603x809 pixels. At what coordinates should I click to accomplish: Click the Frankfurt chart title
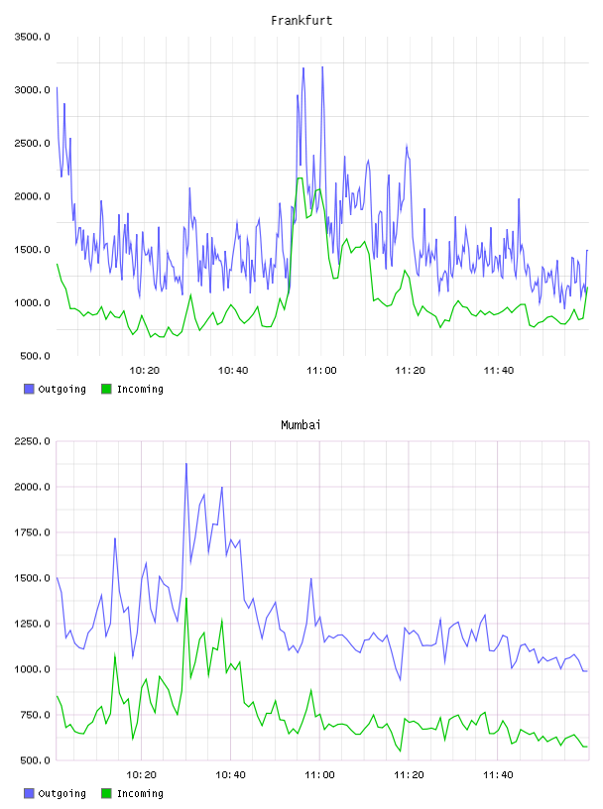[x=301, y=21]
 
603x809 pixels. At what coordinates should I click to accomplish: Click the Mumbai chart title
[x=301, y=425]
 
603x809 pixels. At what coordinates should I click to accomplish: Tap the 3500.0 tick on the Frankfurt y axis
[x=32, y=37]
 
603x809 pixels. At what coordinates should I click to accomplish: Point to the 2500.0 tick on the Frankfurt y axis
[x=32, y=143]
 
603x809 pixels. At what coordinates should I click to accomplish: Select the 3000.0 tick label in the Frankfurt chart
[x=32, y=90]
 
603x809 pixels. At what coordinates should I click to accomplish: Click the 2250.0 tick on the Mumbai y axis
[x=32, y=441]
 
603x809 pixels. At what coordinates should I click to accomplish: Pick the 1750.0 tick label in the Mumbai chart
[x=32, y=532]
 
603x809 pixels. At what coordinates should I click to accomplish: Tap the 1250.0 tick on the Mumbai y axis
[x=32, y=624]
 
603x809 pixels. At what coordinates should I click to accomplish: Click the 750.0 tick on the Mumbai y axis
[x=35, y=715]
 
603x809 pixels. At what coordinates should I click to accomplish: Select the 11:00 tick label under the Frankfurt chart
[x=321, y=371]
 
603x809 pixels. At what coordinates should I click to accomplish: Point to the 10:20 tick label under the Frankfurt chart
[x=144, y=371]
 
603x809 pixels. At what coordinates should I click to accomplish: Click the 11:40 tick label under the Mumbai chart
[x=498, y=775]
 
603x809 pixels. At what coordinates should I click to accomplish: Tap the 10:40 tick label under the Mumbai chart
[x=231, y=775]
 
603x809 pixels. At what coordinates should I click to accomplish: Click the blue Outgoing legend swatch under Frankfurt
[x=29, y=389]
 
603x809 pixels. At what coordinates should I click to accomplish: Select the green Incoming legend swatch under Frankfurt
[x=106, y=389]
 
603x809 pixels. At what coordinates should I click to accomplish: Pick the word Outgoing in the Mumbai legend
[x=61, y=793]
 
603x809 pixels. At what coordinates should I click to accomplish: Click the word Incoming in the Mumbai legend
[x=140, y=793]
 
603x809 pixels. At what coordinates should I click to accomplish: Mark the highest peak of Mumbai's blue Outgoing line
[x=186, y=464]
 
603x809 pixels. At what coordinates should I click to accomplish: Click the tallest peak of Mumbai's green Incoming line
[x=185, y=599]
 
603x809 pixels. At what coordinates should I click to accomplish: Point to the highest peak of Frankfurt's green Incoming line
[x=300, y=178]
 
